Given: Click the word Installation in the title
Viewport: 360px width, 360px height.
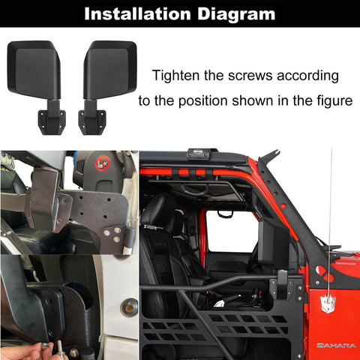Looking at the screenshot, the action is point(138,13).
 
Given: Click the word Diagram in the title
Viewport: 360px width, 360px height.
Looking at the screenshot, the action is point(236,14).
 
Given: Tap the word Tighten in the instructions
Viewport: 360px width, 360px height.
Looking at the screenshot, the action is point(175,75).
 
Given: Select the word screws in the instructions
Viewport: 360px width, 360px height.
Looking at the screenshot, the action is point(250,76).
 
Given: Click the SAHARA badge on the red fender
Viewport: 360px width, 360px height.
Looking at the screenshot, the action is point(336,346).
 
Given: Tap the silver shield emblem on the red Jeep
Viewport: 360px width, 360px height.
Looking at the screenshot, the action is point(328,304).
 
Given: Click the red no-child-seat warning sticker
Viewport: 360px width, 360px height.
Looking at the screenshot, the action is point(102,163).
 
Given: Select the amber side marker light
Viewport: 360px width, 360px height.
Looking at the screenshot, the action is point(129,307).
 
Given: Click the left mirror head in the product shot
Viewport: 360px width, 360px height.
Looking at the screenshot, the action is point(34,69).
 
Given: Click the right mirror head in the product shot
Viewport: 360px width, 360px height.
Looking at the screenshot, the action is point(110,69).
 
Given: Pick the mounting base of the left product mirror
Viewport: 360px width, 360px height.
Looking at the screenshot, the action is point(52,121).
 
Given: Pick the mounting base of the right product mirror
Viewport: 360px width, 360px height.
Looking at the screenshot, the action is point(92,121).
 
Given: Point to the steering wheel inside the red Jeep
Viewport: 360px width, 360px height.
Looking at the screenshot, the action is point(194,190).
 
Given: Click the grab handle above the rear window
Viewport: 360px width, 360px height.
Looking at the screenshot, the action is point(225,214).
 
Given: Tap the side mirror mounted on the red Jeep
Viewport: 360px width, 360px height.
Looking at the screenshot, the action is point(274,242).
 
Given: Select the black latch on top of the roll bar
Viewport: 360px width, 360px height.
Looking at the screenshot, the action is point(199,154).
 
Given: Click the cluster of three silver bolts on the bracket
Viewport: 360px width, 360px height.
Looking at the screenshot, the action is point(112,234).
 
